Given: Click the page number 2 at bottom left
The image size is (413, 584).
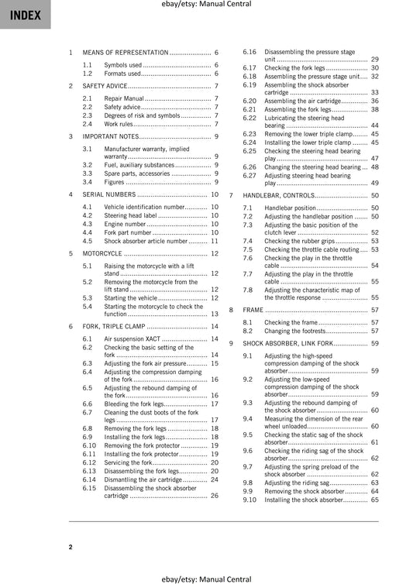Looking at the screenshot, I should click(x=70, y=548).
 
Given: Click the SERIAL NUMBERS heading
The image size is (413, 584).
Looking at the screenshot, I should click(x=109, y=194).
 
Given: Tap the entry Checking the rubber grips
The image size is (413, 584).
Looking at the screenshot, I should click(x=300, y=241).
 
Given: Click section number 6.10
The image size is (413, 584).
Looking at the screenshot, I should click(x=90, y=445).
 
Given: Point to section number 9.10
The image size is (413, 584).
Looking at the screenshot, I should click(x=250, y=500).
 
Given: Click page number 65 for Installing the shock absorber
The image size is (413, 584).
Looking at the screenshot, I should click(x=374, y=500).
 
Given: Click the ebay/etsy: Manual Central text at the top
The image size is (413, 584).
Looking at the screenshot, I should click(x=206, y=5).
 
